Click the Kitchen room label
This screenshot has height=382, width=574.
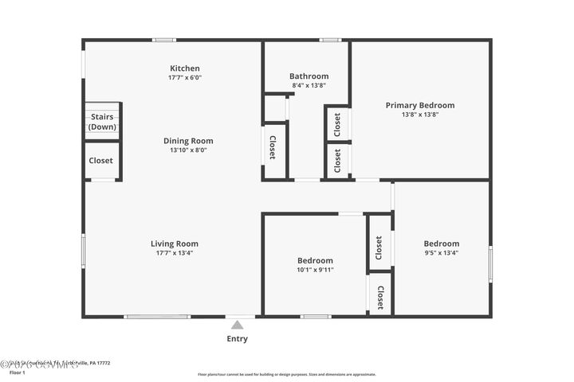(185, 68)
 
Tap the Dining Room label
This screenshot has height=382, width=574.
(188, 141)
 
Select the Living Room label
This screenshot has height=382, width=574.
(175, 244)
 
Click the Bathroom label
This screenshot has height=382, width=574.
(309, 76)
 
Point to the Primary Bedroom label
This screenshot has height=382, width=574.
(420, 105)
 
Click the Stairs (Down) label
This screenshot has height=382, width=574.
(102, 122)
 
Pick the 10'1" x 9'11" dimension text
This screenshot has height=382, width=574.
(315, 270)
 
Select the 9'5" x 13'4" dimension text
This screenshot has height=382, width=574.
(441, 253)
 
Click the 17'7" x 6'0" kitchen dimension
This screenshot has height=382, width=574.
(185, 78)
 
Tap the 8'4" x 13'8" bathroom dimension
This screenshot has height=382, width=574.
(309, 85)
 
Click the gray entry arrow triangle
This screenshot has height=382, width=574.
(237, 324)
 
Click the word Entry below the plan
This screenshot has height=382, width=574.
(237, 339)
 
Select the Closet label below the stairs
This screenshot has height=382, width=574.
(100, 161)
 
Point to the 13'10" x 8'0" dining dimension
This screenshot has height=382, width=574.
(188, 150)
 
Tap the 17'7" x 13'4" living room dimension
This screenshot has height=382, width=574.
(175, 253)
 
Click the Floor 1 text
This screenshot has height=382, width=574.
(18, 372)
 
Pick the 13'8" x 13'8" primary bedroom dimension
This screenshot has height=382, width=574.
(420, 115)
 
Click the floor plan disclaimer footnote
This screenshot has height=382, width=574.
(286, 374)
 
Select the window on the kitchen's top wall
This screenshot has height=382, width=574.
(164, 40)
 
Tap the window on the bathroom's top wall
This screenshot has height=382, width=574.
(330, 40)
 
